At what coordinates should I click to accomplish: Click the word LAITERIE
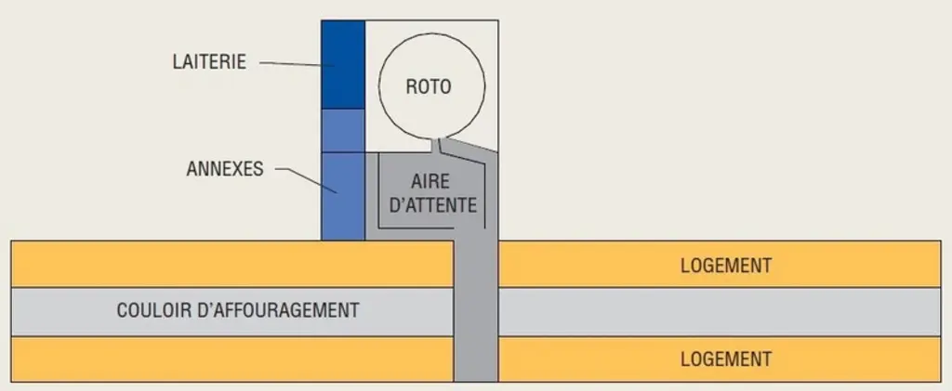209,62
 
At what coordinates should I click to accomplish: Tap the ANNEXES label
225,168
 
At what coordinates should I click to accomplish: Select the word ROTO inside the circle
429,86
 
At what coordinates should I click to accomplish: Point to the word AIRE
432,181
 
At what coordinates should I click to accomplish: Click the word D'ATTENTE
432,205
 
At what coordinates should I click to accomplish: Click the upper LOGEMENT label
726,265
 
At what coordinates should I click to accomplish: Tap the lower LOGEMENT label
726,358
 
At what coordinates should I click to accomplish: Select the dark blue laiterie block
343,65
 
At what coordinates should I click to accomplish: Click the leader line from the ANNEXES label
306,181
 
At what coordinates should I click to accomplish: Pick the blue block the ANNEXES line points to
343,196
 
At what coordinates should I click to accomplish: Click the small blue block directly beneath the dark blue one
343,131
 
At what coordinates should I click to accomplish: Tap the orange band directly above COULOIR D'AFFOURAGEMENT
232,264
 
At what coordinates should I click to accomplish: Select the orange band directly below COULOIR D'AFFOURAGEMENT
232,358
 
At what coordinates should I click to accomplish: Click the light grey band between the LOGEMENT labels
720,311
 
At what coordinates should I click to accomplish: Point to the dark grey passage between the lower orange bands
476,358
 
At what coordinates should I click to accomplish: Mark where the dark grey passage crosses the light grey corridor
476,311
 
